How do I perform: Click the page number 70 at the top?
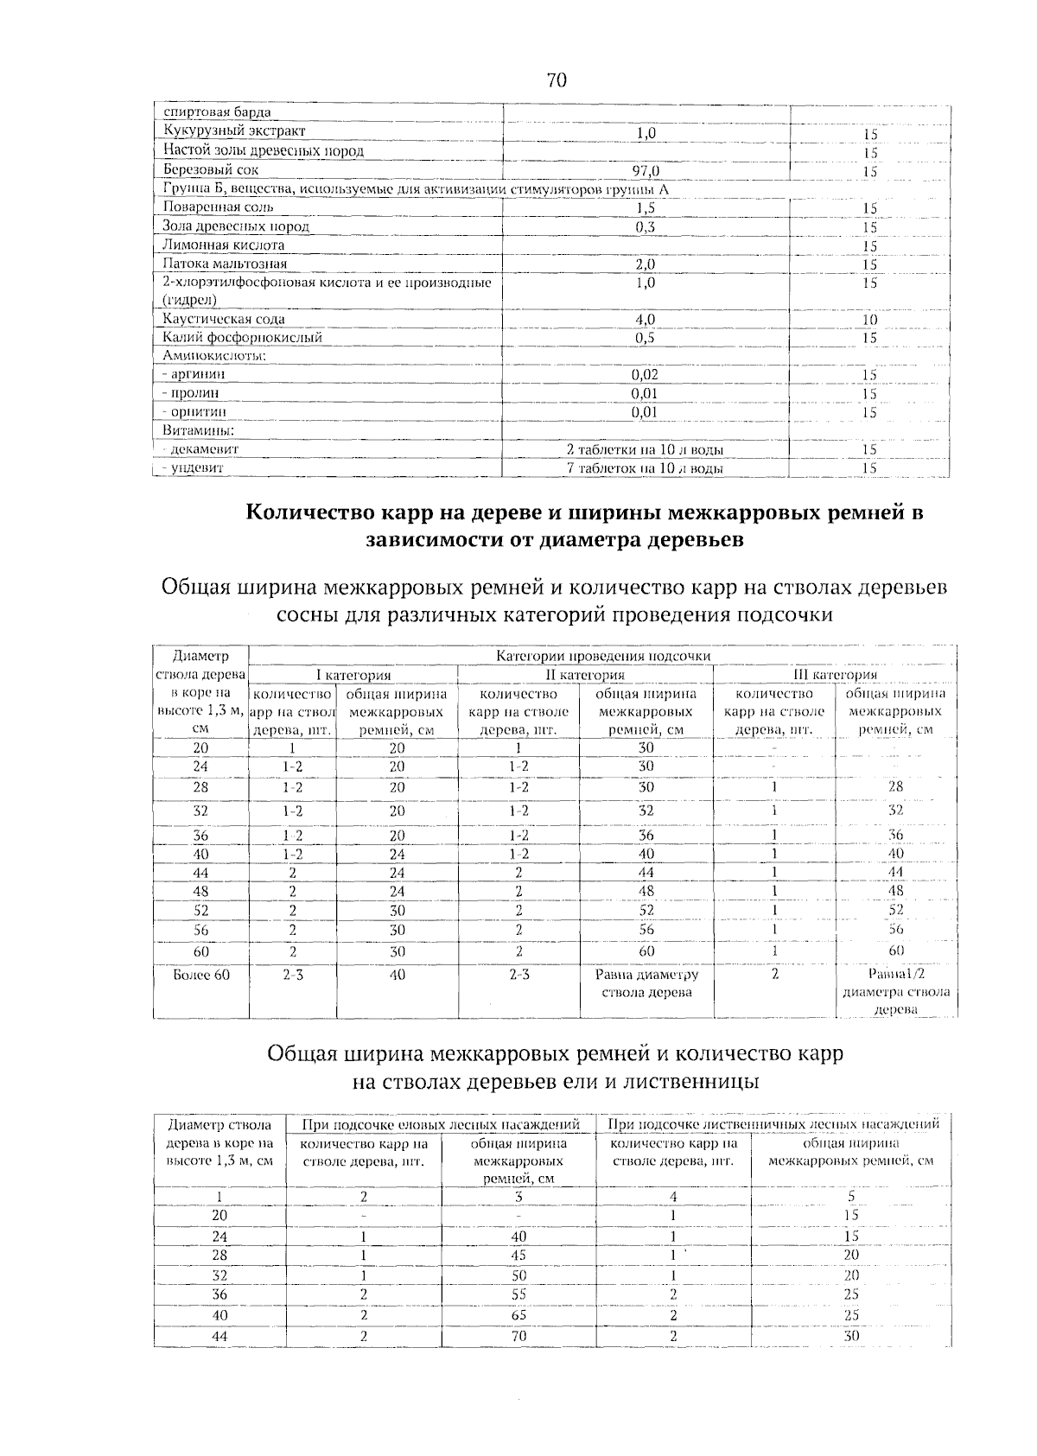point(557,80)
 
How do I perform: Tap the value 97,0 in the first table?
point(646,170)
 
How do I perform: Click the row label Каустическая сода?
point(224,320)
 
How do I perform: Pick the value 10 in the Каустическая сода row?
point(869,320)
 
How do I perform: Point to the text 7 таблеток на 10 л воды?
point(645,468)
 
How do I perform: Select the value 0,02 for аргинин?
point(645,375)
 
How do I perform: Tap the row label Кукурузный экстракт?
point(233,131)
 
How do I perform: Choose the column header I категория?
point(353,675)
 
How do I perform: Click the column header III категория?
point(835,675)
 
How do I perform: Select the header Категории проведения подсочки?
point(603,656)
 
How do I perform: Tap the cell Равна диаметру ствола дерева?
point(646,983)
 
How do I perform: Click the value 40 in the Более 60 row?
point(397,975)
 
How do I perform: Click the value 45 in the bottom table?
point(518,1255)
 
